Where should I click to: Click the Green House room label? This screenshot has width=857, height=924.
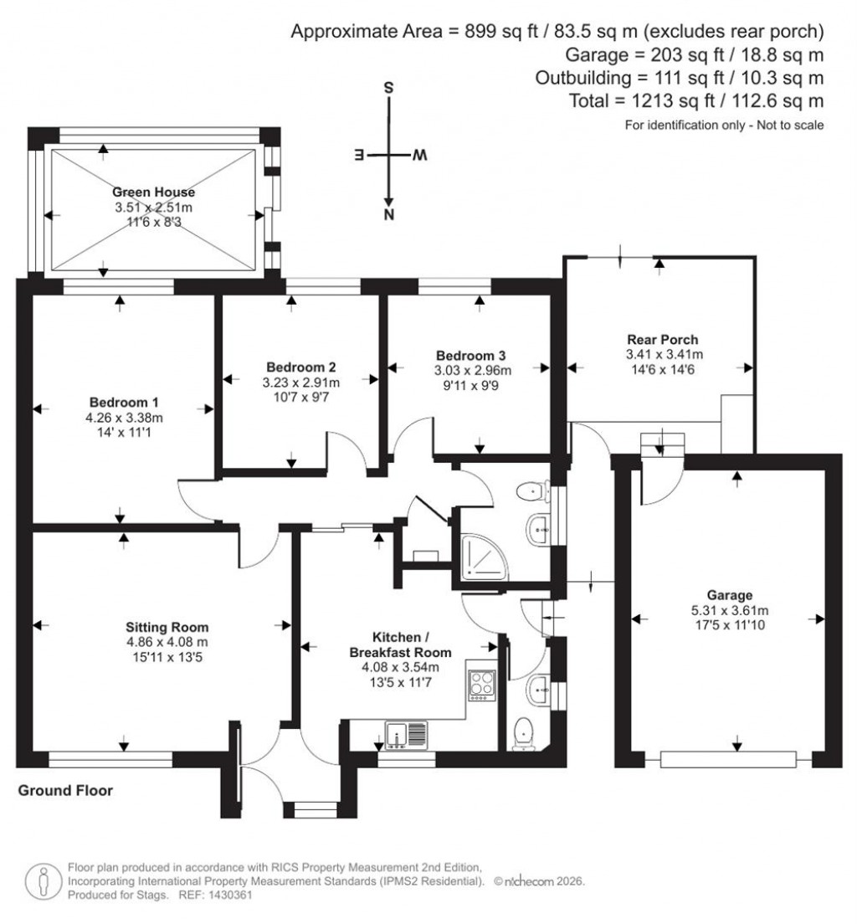(154, 192)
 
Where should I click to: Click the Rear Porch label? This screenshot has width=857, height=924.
(662, 340)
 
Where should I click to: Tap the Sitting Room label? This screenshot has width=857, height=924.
(167, 627)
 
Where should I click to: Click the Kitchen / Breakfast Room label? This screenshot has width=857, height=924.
(403, 645)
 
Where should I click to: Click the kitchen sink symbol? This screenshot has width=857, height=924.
(406, 735)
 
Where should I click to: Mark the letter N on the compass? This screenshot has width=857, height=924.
(388, 215)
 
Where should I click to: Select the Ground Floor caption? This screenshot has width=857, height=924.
(65, 790)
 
